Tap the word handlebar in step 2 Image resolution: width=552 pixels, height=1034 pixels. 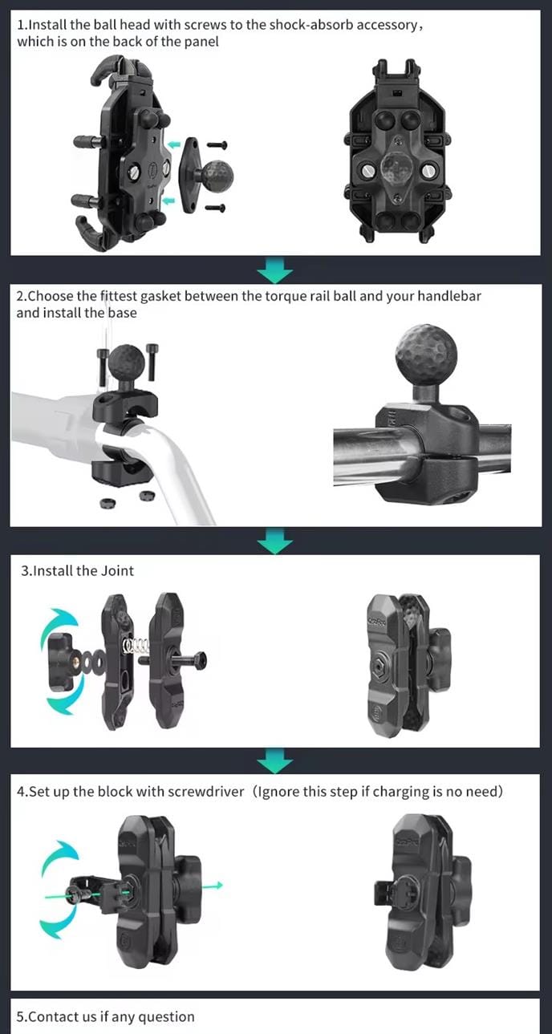click(449, 296)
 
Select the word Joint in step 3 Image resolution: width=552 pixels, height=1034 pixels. click(117, 571)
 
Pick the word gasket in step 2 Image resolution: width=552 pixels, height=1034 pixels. click(160, 296)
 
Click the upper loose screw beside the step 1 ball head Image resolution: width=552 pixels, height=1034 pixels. click(217, 145)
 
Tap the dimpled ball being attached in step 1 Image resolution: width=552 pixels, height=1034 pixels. click(217, 176)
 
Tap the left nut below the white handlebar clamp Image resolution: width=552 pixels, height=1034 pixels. click(107, 503)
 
